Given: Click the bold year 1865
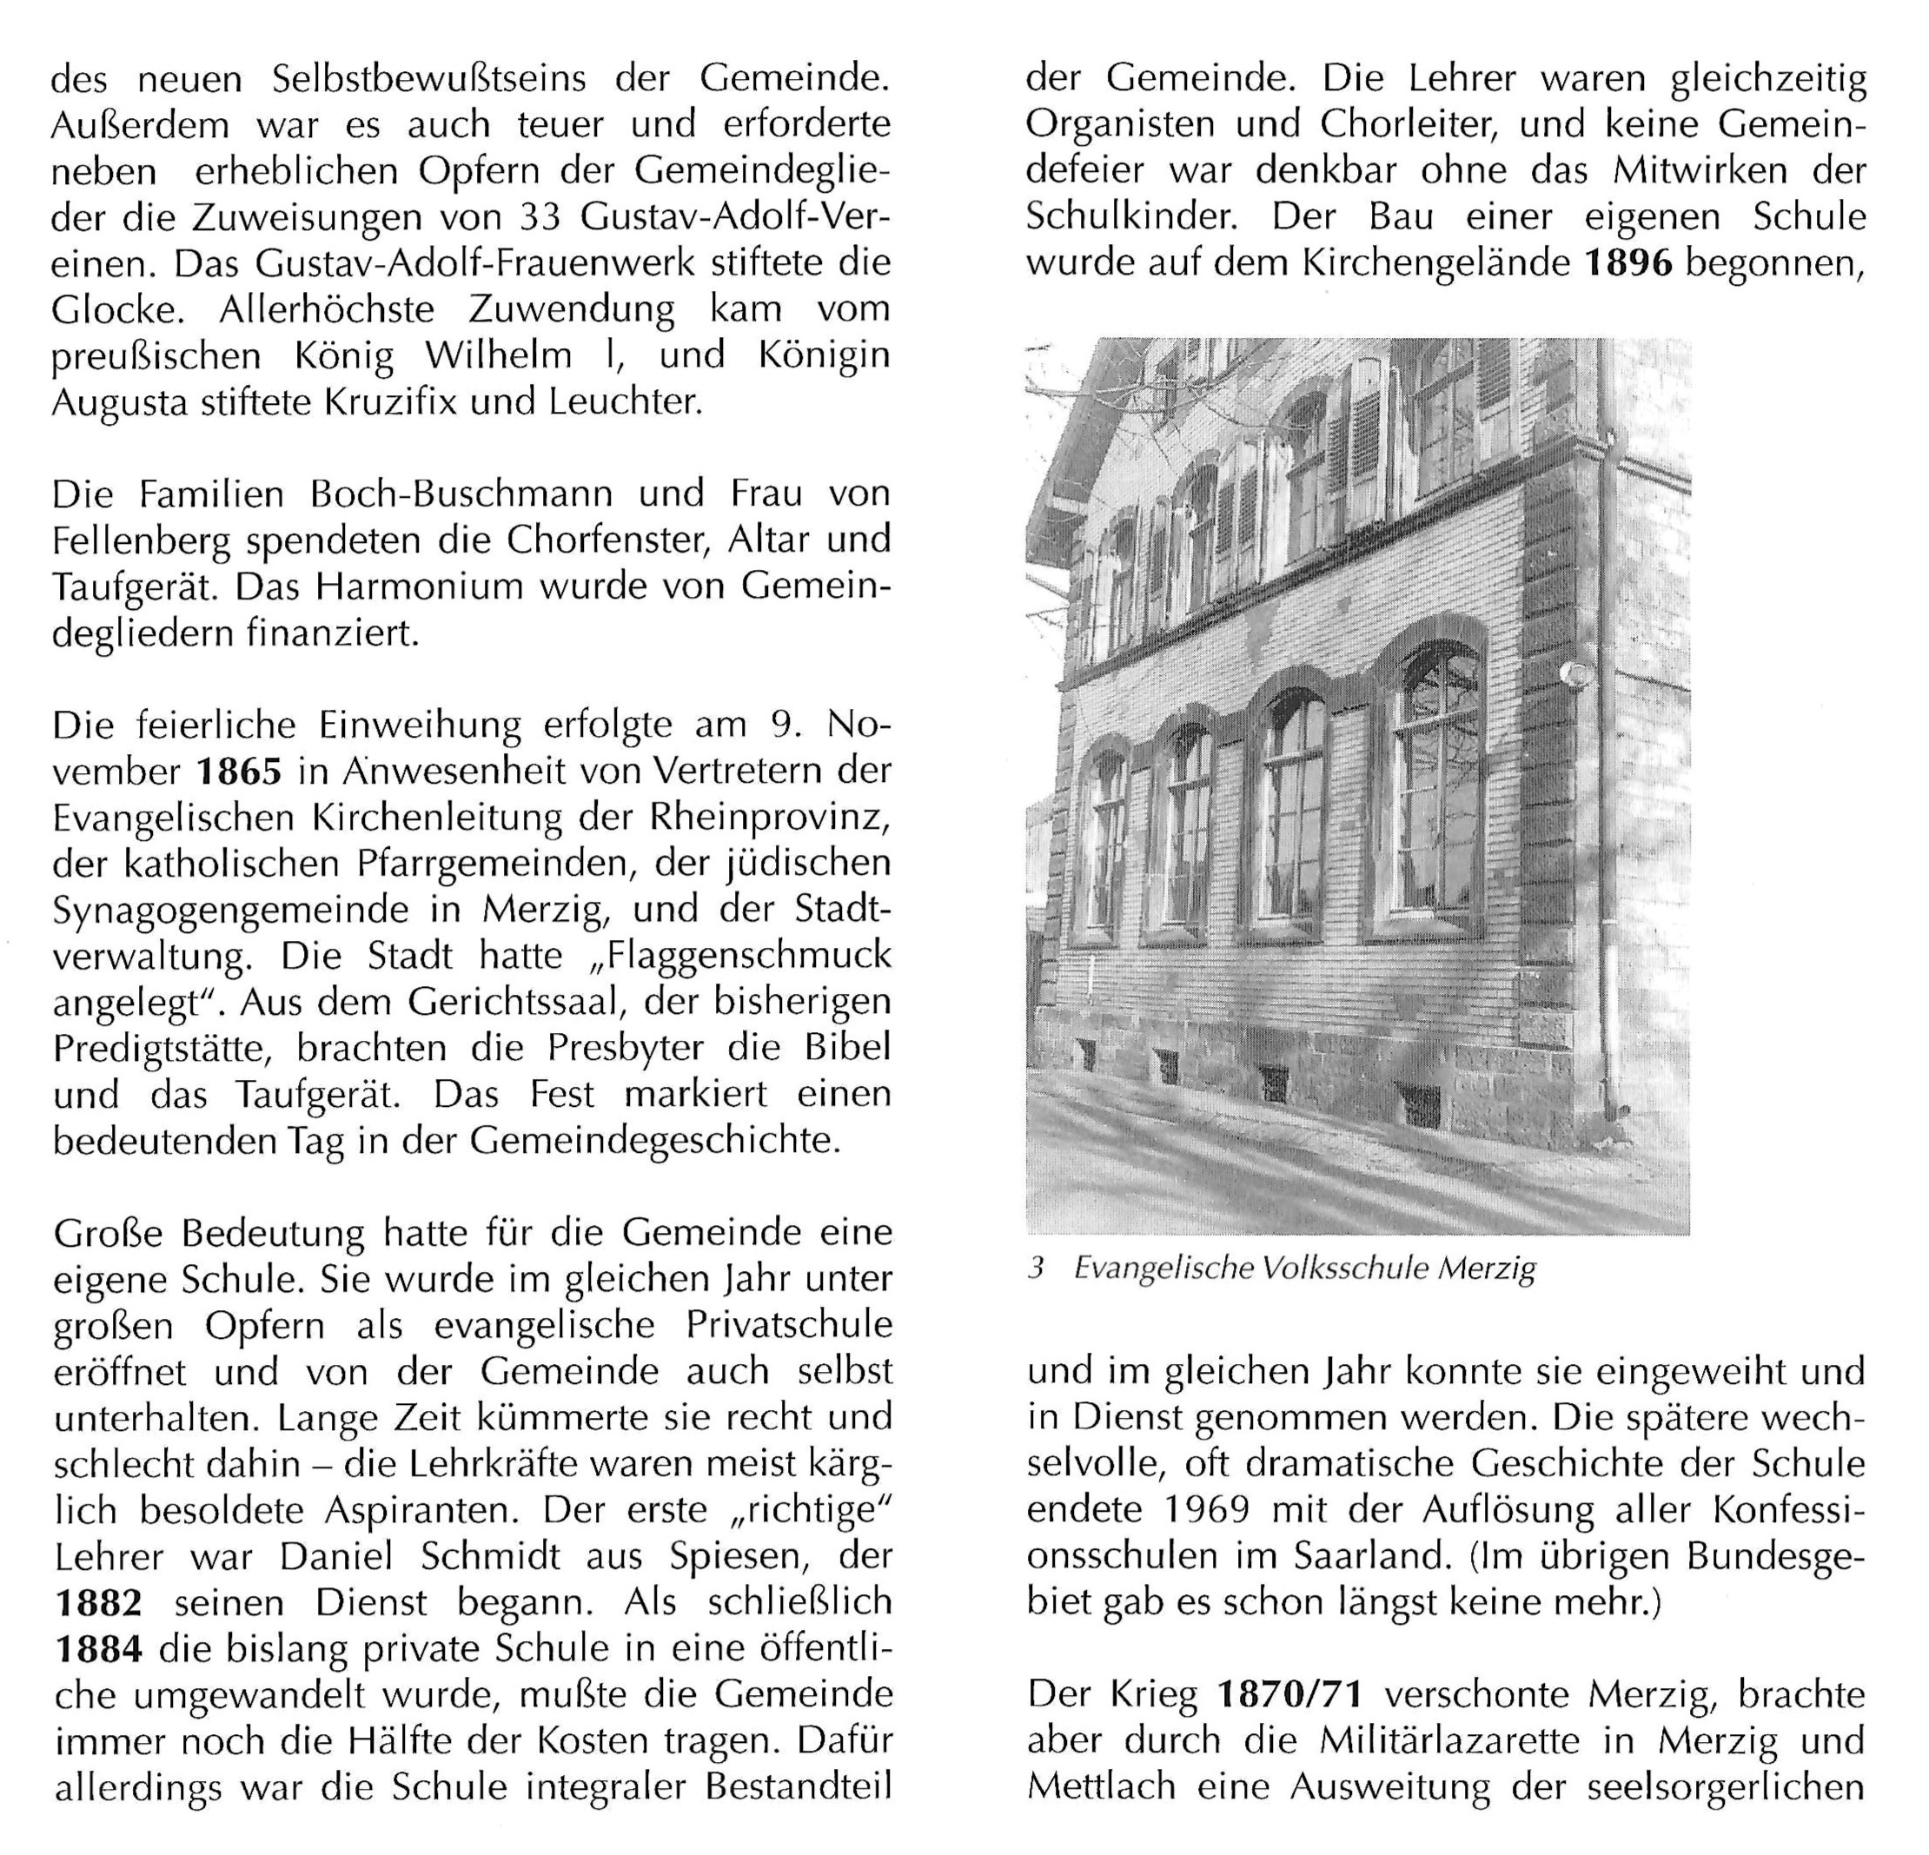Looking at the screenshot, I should [x=239, y=771].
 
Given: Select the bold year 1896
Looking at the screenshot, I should [x=1629, y=262].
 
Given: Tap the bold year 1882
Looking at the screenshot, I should [x=98, y=1603].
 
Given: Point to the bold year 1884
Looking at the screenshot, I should [x=98, y=1649].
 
